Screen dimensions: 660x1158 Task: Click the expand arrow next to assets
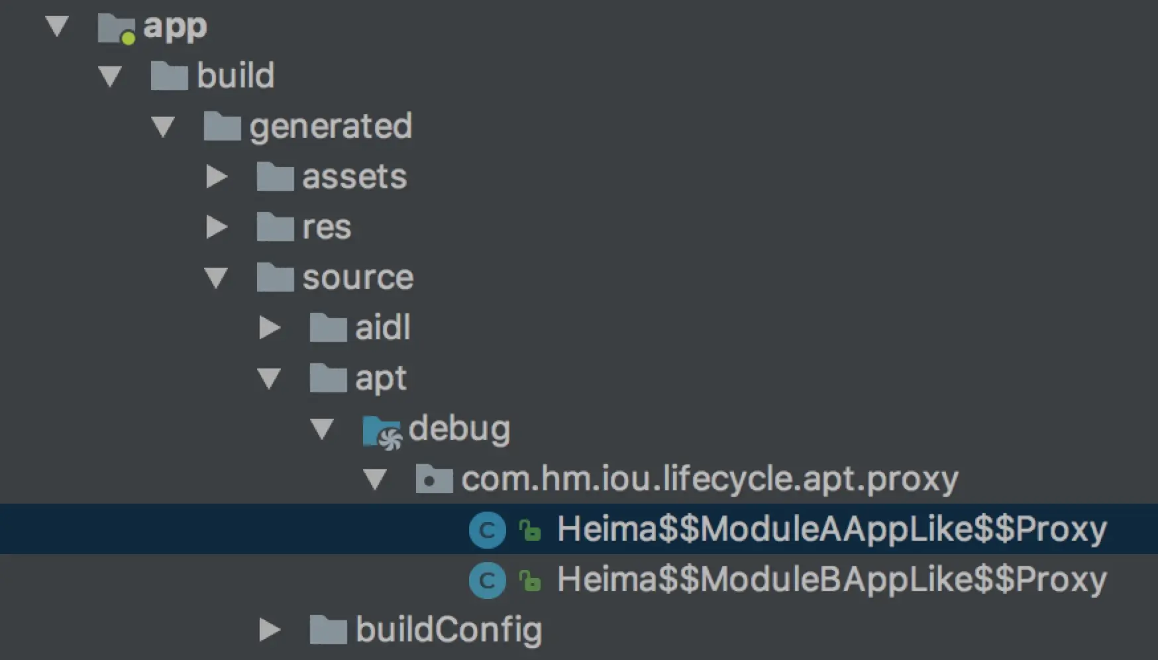pos(216,177)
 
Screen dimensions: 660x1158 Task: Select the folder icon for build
pos(169,76)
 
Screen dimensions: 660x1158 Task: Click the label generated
pos(331,126)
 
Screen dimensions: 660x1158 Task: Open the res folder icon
pos(275,227)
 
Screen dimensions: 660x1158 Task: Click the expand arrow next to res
pos(216,227)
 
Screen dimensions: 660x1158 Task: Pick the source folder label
pos(358,277)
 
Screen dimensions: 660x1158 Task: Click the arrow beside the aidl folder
pos(269,327)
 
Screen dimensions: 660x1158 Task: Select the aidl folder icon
pos(328,327)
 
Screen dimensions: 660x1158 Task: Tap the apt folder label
pos(380,378)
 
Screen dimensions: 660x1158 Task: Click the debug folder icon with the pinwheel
pos(382,431)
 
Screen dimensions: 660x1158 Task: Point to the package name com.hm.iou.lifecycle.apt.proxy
pos(710,478)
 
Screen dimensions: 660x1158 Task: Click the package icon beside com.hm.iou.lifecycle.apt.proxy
pos(434,479)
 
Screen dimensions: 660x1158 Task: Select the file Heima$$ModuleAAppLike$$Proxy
pos(831,529)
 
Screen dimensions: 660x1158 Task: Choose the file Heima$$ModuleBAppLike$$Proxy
pos(831,579)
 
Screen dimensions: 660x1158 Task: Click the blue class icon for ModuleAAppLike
pos(487,530)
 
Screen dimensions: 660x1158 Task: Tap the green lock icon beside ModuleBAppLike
pos(529,580)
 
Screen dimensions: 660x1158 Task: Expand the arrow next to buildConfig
pos(269,630)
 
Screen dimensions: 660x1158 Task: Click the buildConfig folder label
pos(448,630)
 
